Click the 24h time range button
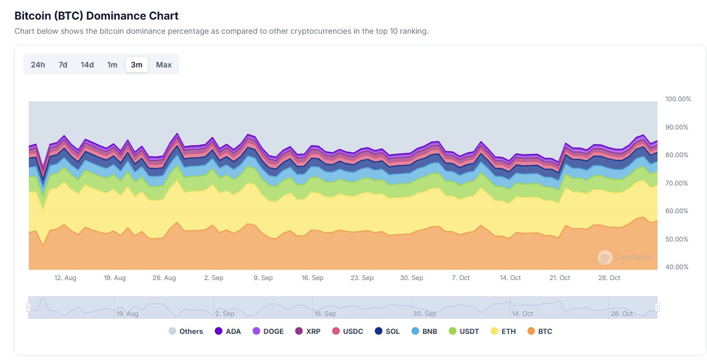coord(38,65)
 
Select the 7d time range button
coord(63,65)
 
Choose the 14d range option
coord(87,65)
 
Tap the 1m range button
coord(112,65)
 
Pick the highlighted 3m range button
coord(137,65)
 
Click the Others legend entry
coord(185,331)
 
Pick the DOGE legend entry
coord(268,331)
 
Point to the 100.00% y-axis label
coord(678,99)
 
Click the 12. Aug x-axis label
coord(65,278)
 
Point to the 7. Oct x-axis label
coord(461,278)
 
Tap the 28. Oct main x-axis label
coord(609,278)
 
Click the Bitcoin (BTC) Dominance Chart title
coord(96,16)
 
